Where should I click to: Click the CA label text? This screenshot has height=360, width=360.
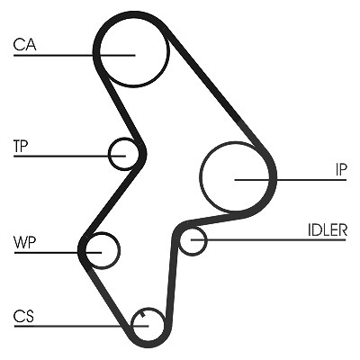[x=24, y=44]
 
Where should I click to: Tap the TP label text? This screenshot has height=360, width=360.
[x=21, y=146]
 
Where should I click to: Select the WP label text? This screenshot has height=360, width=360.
[x=24, y=242]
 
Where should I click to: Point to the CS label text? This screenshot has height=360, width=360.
[x=23, y=316]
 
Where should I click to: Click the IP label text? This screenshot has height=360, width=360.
[x=341, y=169]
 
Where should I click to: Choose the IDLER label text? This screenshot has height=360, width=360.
[x=328, y=230]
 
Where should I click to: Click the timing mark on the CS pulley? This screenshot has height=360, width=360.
[x=142, y=314]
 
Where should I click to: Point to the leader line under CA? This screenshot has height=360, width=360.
[x=75, y=55]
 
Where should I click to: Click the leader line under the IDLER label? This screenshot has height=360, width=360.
[x=268, y=239]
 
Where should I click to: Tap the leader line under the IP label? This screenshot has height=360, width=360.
[x=291, y=180]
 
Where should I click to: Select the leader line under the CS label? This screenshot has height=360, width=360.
[x=81, y=326]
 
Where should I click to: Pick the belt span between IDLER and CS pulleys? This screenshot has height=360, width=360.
[x=170, y=276]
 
